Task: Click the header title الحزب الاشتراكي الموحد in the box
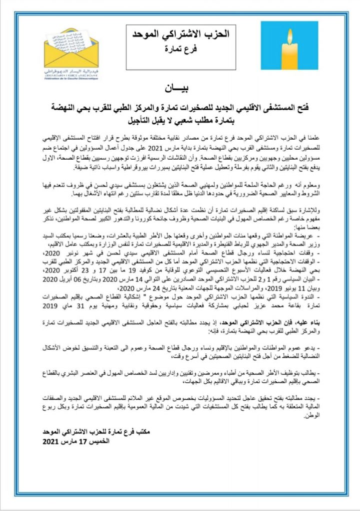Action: point(176,35)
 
